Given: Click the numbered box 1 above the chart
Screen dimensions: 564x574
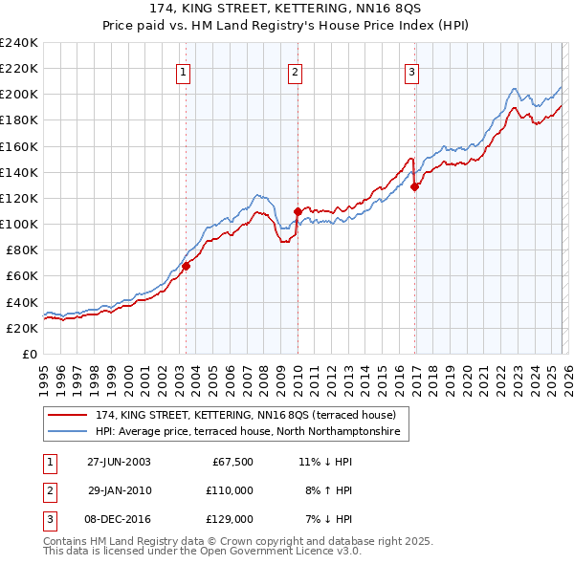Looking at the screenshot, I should (183, 71).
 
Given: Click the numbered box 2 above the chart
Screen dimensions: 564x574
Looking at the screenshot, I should (295, 71).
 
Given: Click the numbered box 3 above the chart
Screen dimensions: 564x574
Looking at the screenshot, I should (411, 71).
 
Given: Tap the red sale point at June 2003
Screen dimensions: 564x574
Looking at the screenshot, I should (187, 267).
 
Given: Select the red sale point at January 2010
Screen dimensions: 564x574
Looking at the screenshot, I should (298, 211).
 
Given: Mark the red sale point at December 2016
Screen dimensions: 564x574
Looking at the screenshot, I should (414, 187).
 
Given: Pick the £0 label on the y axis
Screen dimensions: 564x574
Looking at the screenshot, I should (29, 354).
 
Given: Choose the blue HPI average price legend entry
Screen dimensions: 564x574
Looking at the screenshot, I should (252, 432).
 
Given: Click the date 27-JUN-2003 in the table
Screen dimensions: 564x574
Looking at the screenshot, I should (119, 462).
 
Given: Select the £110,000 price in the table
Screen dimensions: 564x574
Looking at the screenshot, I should (230, 490).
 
